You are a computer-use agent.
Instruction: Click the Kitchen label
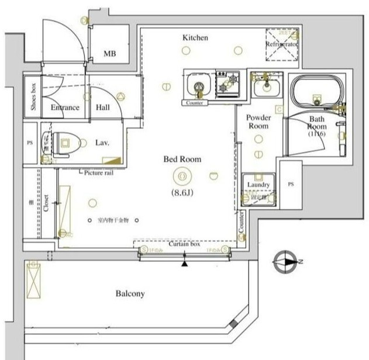(x=195, y=37)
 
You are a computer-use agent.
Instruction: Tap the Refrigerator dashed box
(x=282, y=44)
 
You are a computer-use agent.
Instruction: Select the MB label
(x=109, y=54)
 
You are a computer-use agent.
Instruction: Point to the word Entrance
(x=64, y=108)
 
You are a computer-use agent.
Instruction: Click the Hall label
(x=103, y=108)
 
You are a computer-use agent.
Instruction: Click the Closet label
(x=46, y=202)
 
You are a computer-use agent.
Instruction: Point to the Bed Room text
(x=182, y=158)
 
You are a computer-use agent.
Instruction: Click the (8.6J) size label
(x=183, y=192)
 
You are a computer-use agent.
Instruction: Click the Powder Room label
(x=258, y=122)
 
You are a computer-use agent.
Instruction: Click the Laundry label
(x=258, y=185)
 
